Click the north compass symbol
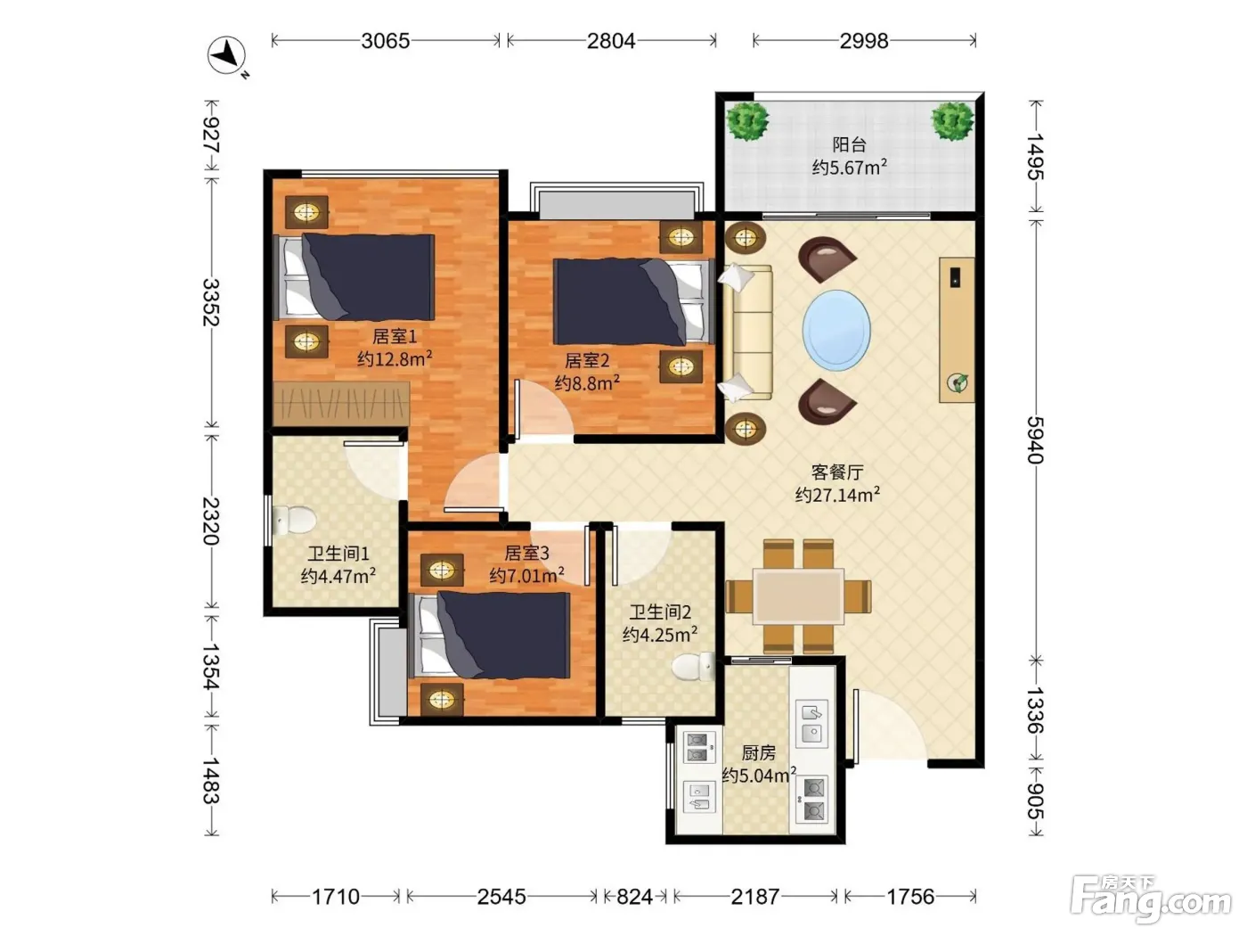226,55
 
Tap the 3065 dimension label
385,41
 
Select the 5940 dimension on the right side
1036,439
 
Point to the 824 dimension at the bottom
634,897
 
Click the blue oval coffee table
836,330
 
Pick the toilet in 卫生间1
294,520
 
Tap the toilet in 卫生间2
694,666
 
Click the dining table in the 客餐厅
798,596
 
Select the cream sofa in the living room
747,333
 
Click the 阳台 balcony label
850,145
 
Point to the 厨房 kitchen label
758,753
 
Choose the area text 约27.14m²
837,495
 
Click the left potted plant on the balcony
747,120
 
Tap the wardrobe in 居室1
341,404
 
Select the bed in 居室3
489,635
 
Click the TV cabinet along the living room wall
957,330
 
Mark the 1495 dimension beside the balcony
1036,156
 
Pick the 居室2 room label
587,360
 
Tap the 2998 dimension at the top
863,41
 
